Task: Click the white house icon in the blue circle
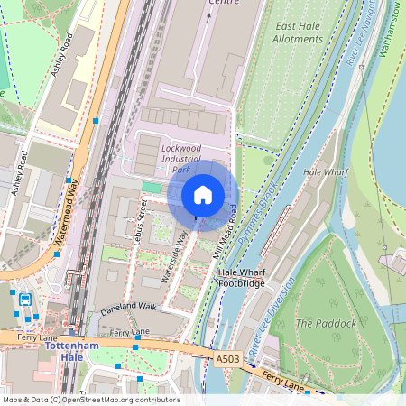tap(203, 195)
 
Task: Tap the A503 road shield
tap(228, 358)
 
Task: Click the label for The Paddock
tap(326, 322)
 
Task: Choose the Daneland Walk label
tap(128, 307)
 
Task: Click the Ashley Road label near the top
tap(62, 54)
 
